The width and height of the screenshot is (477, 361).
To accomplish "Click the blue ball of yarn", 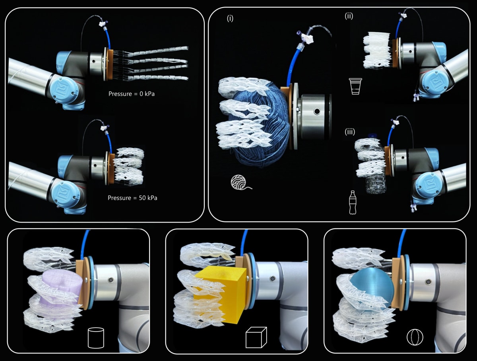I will (258, 127).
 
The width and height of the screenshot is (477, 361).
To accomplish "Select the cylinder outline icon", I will (96, 338).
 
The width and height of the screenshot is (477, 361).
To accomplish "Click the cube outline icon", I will (255, 338).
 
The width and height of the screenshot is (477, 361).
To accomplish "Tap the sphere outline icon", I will (415, 338).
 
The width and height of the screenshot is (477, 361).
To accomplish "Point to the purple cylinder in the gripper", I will (64, 290).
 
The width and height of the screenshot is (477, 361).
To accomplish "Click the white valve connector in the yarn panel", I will (306, 39).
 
